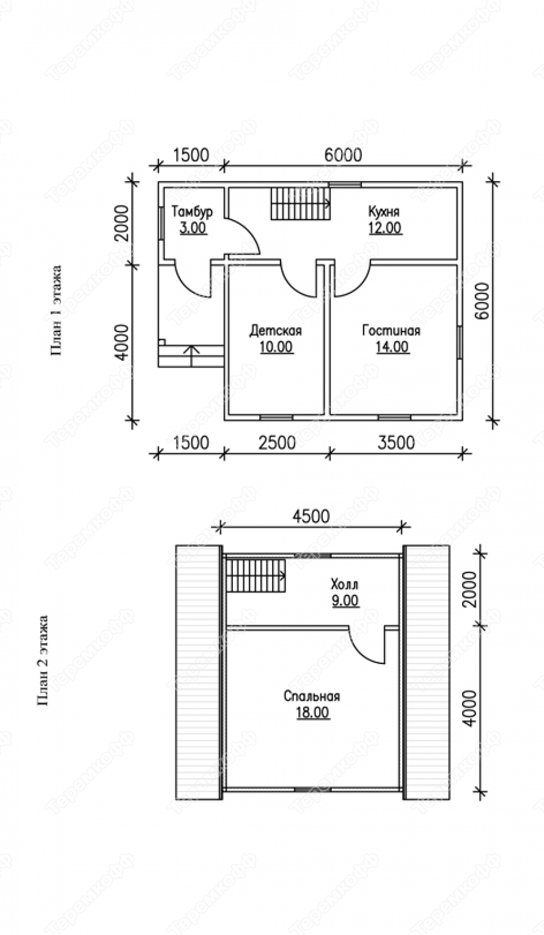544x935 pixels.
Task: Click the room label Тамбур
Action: coord(192,212)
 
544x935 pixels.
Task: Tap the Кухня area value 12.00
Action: coord(385,228)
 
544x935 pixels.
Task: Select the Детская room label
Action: coord(276,331)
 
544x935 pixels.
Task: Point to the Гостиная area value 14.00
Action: coord(392,347)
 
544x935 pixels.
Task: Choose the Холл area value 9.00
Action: coord(345,601)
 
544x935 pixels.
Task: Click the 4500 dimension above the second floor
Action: coord(311,516)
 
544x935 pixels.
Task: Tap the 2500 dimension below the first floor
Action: coord(277,443)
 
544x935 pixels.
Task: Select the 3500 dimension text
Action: coord(396,443)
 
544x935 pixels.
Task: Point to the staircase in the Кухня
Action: coord(301,204)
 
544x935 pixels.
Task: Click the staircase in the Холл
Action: coord(255,576)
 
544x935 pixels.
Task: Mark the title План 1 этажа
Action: coord(56,311)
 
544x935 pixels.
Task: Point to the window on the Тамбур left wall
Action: coord(161,223)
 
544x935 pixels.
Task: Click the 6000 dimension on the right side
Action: coord(483,301)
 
